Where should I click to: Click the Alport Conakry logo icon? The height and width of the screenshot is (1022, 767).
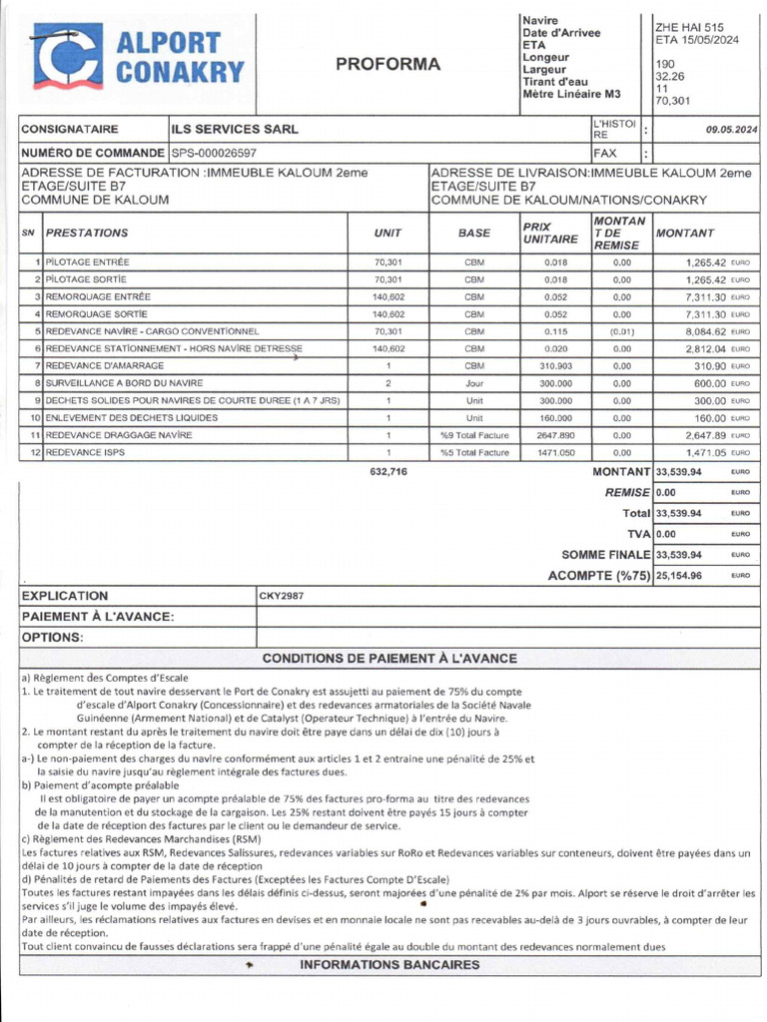[67, 57]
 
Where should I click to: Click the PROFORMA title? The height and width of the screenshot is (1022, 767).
[387, 65]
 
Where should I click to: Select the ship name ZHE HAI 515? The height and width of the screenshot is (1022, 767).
[689, 28]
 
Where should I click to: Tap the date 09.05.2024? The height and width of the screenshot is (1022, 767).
[731, 129]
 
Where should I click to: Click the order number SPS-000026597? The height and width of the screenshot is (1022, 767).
[214, 154]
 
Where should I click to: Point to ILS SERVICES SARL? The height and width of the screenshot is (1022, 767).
[235, 129]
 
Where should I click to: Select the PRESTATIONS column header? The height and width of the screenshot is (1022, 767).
[88, 233]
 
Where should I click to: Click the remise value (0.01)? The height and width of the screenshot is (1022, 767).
[621, 330]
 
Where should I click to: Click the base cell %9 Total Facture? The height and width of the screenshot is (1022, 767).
[474, 435]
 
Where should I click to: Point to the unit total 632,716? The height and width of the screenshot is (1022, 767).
[388, 471]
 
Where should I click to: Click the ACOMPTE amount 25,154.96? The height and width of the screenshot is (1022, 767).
[679, 576]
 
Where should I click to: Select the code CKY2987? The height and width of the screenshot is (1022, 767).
[282, 596]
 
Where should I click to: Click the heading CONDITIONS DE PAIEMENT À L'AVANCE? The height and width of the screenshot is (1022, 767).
[388, 658]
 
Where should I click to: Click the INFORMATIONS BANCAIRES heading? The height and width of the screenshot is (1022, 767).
[388, 964]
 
